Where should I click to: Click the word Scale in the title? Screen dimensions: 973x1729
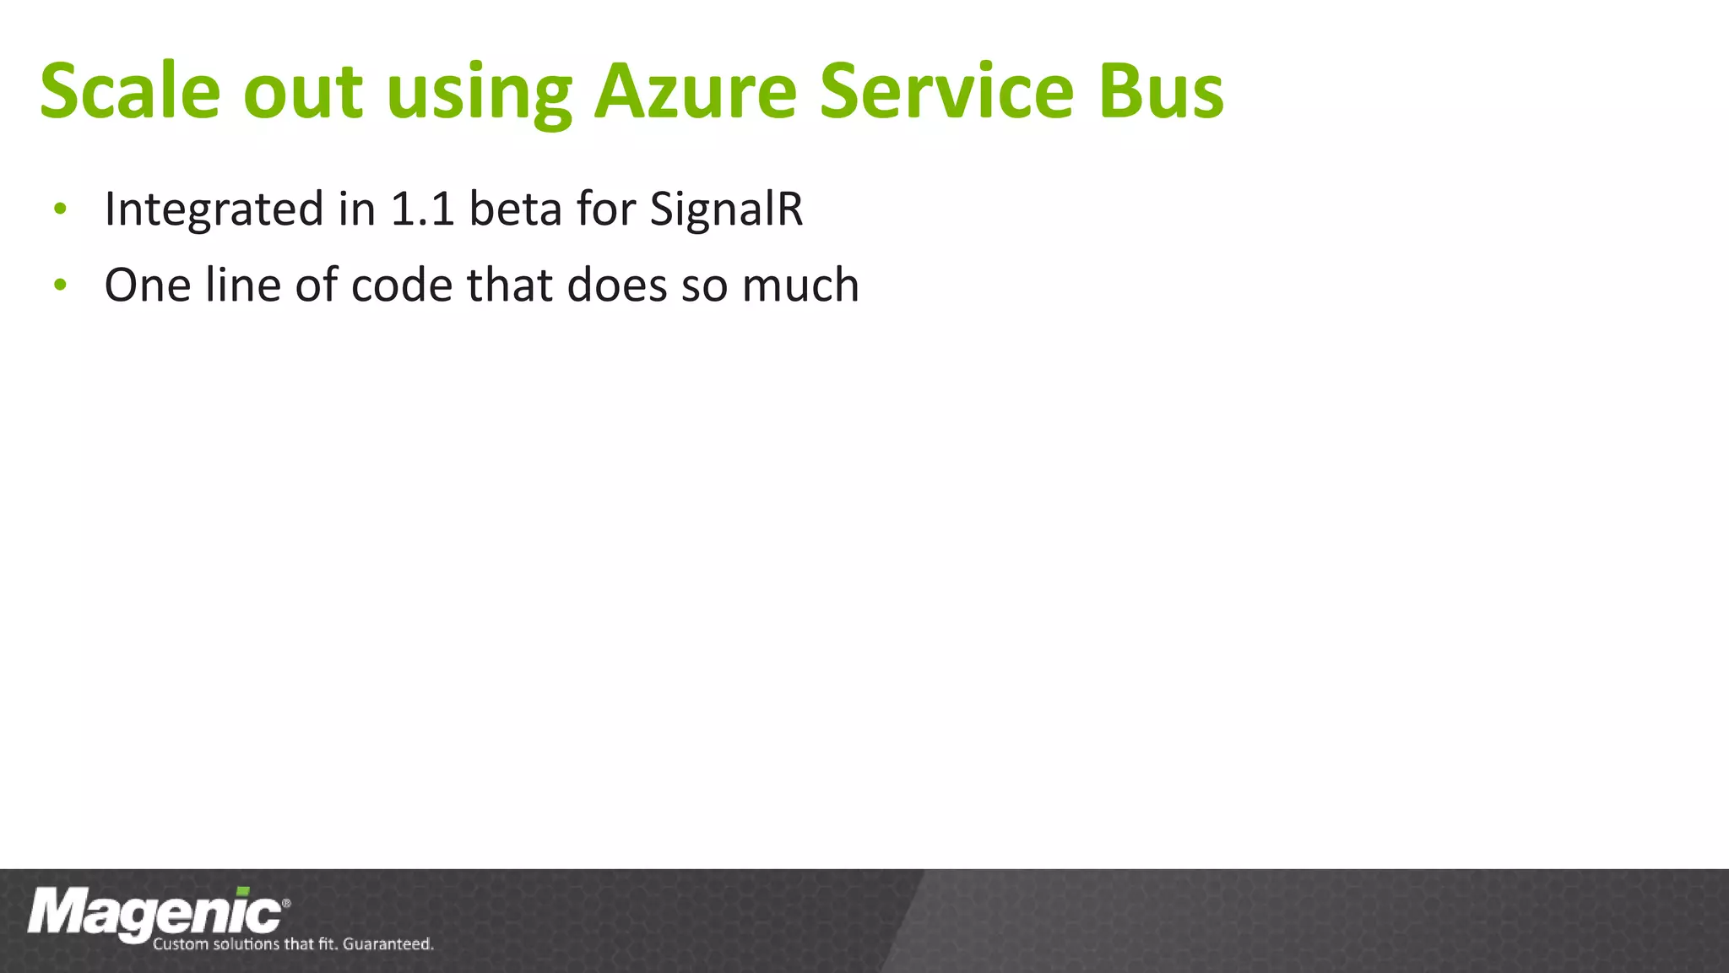pos(130,91)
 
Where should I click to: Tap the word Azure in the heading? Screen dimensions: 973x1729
pos(695,91)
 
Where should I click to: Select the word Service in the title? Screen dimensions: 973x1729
pos(946,91)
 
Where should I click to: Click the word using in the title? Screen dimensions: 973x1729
pos(479,95)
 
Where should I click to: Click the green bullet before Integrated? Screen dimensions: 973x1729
pos(59,209)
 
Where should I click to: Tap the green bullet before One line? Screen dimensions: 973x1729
pos(59,285)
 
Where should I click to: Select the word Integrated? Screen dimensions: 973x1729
pos(214,209)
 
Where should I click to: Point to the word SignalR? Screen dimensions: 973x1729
pos(726,209)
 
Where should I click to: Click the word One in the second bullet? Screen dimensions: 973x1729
pos(147,285)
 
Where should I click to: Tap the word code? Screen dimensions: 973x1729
pos(402,285)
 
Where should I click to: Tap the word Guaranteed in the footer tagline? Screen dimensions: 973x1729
pos(388,943)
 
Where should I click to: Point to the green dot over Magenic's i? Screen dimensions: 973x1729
pos(243,891)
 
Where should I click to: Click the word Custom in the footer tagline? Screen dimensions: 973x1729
pos(180,943)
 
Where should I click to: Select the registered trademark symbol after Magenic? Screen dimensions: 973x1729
pos(286,903)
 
